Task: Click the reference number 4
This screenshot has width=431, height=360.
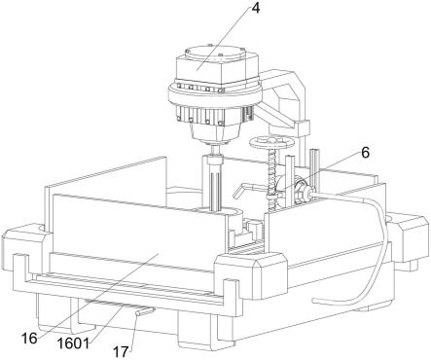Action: pyautogui.click(x=256, y=9)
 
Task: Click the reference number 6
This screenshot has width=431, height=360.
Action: pyautogui.click(x=365, y=153)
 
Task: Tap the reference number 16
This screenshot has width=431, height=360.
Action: pyautogui.click(x=29, y=339)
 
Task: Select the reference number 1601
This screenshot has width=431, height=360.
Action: pyautogui.click(x=74, y=343)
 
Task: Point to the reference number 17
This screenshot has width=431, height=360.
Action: pyautogui.click(x=122, y=351)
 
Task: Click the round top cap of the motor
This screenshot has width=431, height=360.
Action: pyautogui.click(x=215, y=53)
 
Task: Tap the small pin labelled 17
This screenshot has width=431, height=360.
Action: pyautogui.click(x=144, y=311)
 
